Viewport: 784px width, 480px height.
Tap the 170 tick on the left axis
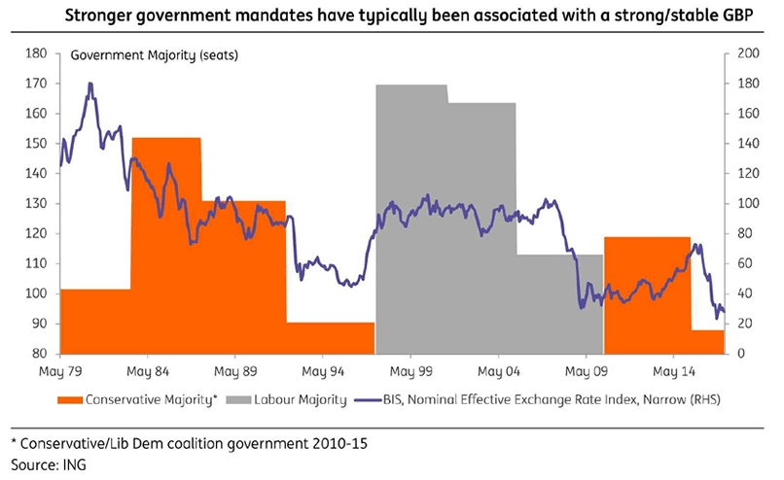[41, 84]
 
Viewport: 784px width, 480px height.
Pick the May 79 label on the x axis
[60, 370]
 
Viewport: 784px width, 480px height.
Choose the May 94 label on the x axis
[323, 370]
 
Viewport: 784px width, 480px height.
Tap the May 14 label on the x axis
[672, 370]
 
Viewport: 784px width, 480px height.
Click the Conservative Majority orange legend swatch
[70, 398]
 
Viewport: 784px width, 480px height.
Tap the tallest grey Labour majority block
[410, 214]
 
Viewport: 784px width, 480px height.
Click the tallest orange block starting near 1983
[165, 243]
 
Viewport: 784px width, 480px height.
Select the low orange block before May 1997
[331, 337]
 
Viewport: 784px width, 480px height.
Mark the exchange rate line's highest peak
[90, 85]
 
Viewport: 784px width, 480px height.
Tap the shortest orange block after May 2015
[707, 342]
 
